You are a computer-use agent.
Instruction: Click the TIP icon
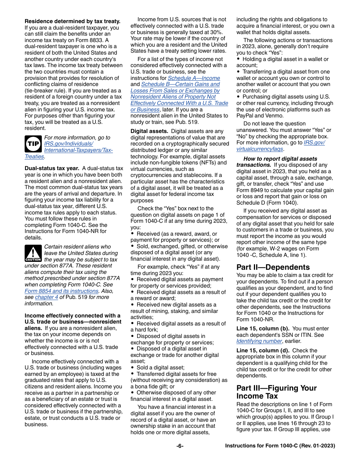pos(33,144)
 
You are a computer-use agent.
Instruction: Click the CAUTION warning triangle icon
pos(33,253)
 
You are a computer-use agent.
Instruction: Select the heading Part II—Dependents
pos(273,267)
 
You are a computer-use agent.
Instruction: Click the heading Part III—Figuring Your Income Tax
pos(276,392)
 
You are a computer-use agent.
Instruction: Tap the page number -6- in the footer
pos(180,446)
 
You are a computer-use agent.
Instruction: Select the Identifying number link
pos(260,341)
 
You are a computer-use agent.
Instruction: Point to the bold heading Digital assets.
pos(149,131)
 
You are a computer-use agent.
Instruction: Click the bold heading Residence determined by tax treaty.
pos(72,21)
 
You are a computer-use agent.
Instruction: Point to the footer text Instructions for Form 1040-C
pos(280,446)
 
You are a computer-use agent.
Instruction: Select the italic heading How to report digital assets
pos(280,159)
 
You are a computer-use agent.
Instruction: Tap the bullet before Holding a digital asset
pos(238,59)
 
